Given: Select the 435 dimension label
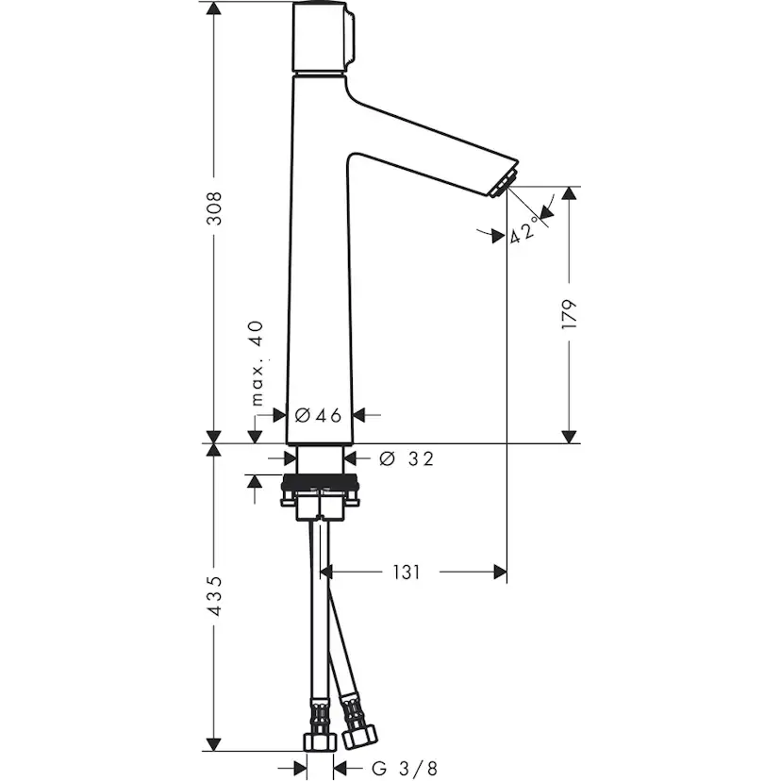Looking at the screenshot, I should click(x=215, y=596).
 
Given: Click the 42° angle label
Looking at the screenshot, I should click(x=525, y=229).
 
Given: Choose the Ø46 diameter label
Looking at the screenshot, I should click(x=318, y=414).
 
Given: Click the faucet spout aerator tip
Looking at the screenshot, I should click(x=506, y=184).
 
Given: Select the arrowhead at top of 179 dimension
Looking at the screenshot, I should click(x=569, y=193).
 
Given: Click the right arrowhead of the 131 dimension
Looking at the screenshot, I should click(x=499, y=572).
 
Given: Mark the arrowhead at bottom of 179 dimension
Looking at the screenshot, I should click(x=569, y=435).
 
